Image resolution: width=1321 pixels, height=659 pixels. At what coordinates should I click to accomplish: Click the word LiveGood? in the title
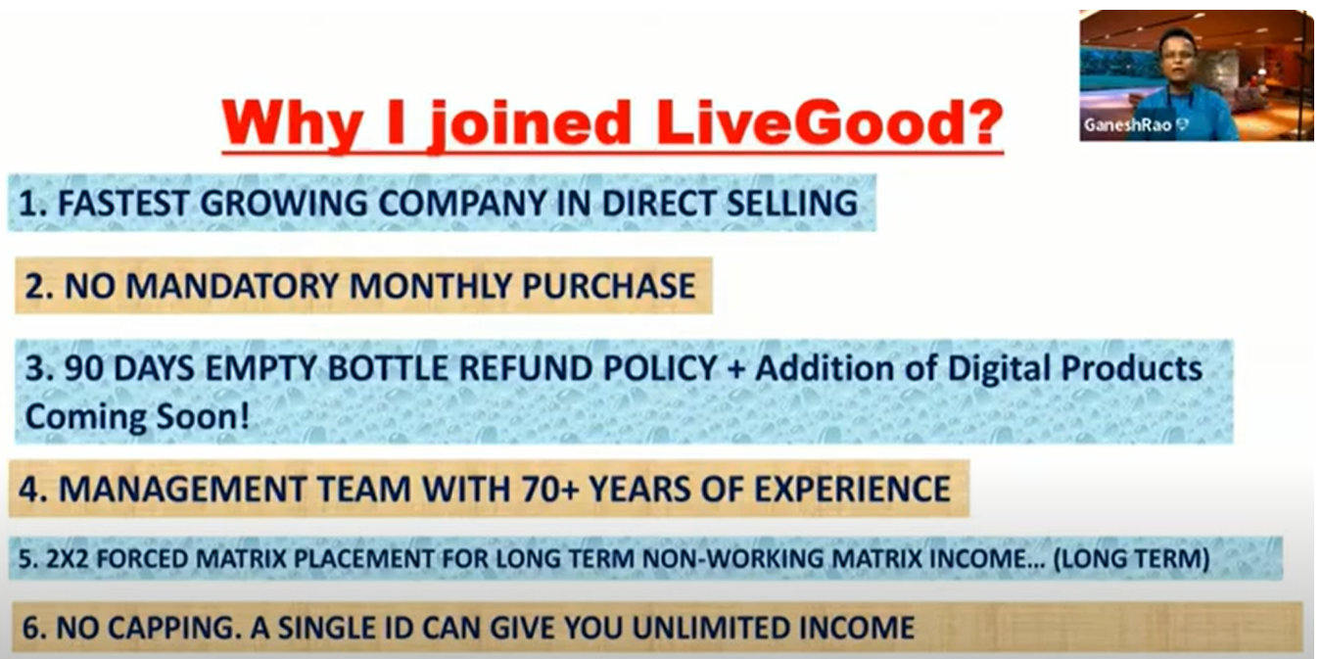click(829, 122)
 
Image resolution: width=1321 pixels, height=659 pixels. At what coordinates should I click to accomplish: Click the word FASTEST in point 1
click(122, 204)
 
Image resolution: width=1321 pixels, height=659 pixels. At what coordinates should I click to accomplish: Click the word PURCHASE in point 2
click(609, 287)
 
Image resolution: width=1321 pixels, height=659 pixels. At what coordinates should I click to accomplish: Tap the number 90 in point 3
click(83, 369)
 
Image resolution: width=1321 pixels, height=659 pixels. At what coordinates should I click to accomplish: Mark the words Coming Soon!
click(137, 417)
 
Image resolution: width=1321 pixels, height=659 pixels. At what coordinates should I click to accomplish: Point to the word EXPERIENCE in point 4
click(852, 490)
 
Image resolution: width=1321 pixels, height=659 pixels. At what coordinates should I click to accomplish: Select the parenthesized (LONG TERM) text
click(1132, 558)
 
